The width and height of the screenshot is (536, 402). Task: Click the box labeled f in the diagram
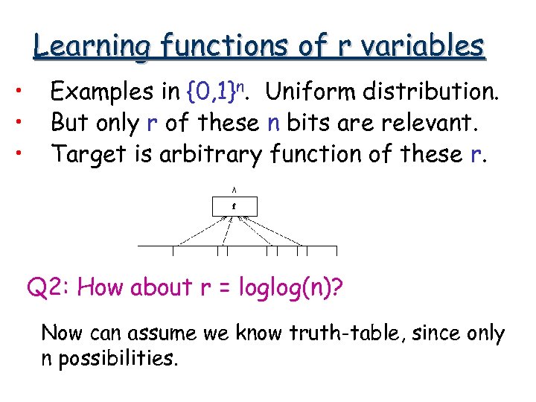pyautogui.click(x=234, y=205)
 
